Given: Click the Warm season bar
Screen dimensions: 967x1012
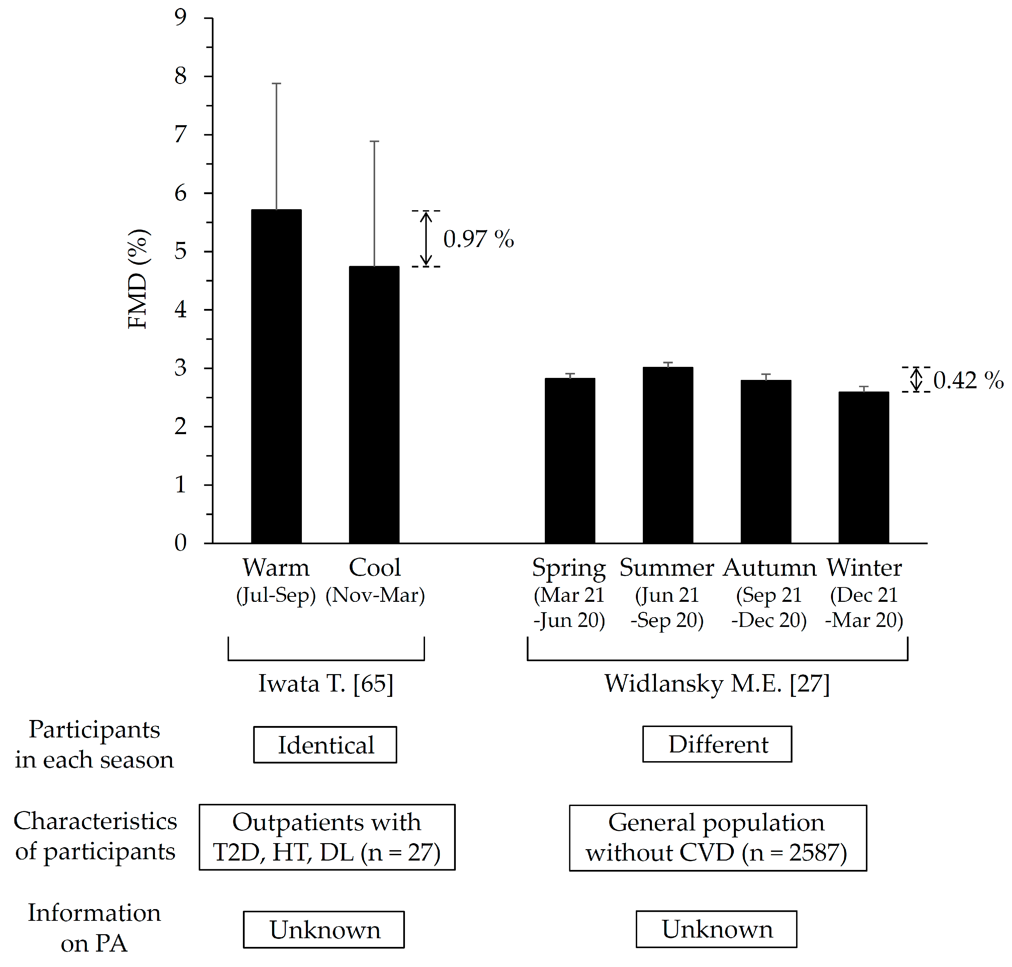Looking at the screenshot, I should [x=276, y=376].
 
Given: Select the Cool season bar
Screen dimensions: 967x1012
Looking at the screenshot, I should [x=374, y=405].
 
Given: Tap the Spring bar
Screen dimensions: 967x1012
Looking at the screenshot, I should [x=570, y=460].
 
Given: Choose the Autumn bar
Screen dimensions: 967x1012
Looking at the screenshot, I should [x=766, y=461].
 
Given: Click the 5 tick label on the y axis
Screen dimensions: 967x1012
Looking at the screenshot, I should [x=180, y=252].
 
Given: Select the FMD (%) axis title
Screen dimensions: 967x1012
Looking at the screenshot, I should [x=138, y=279].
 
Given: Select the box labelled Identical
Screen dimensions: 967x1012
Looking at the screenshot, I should [x=325, y=745].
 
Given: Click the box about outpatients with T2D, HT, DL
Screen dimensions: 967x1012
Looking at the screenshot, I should [x=327, y=837].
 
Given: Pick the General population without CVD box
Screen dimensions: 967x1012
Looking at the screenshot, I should [x=718, y=837].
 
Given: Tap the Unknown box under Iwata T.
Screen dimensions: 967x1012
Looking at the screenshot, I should [x=324, y=930].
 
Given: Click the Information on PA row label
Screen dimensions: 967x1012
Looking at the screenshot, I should [x=94, y=928].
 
